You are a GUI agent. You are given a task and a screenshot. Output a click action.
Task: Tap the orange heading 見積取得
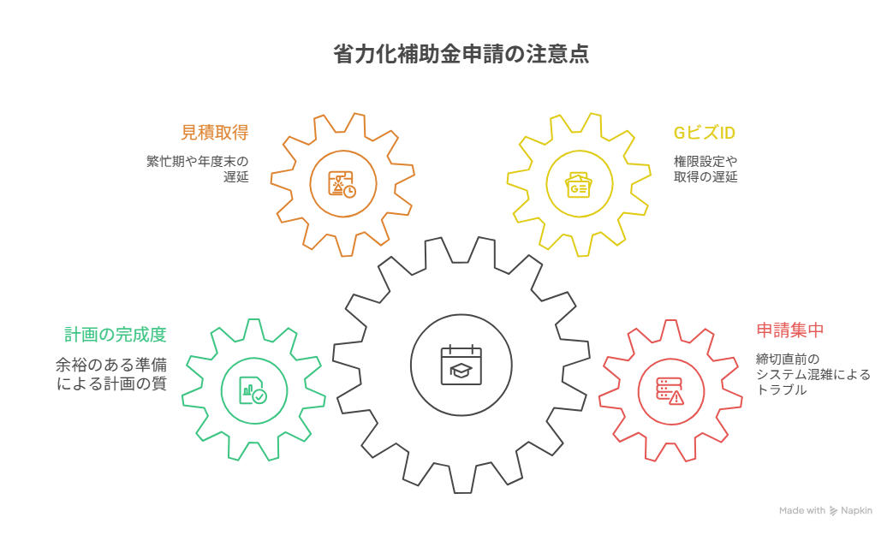click(x=214, y=133)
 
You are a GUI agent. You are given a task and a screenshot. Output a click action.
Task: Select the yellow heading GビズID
click(x=704, y=133)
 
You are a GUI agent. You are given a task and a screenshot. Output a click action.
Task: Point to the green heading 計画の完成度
click(x=115, y=334)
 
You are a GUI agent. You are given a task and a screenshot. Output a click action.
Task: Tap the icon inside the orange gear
click(x=342, y=183)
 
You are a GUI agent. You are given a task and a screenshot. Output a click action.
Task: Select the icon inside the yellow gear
click(x=579, y=183)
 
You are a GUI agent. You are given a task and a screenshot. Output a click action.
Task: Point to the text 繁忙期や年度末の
click(x=197, y=161)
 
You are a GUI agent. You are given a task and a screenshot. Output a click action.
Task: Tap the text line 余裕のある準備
click(x=110, y=366)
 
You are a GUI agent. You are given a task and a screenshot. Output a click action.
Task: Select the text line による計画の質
click(x=110, y=383)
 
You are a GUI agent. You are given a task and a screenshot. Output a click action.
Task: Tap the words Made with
click(x=801, y=511)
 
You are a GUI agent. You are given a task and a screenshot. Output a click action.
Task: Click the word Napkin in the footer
click(x=857, y=511)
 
